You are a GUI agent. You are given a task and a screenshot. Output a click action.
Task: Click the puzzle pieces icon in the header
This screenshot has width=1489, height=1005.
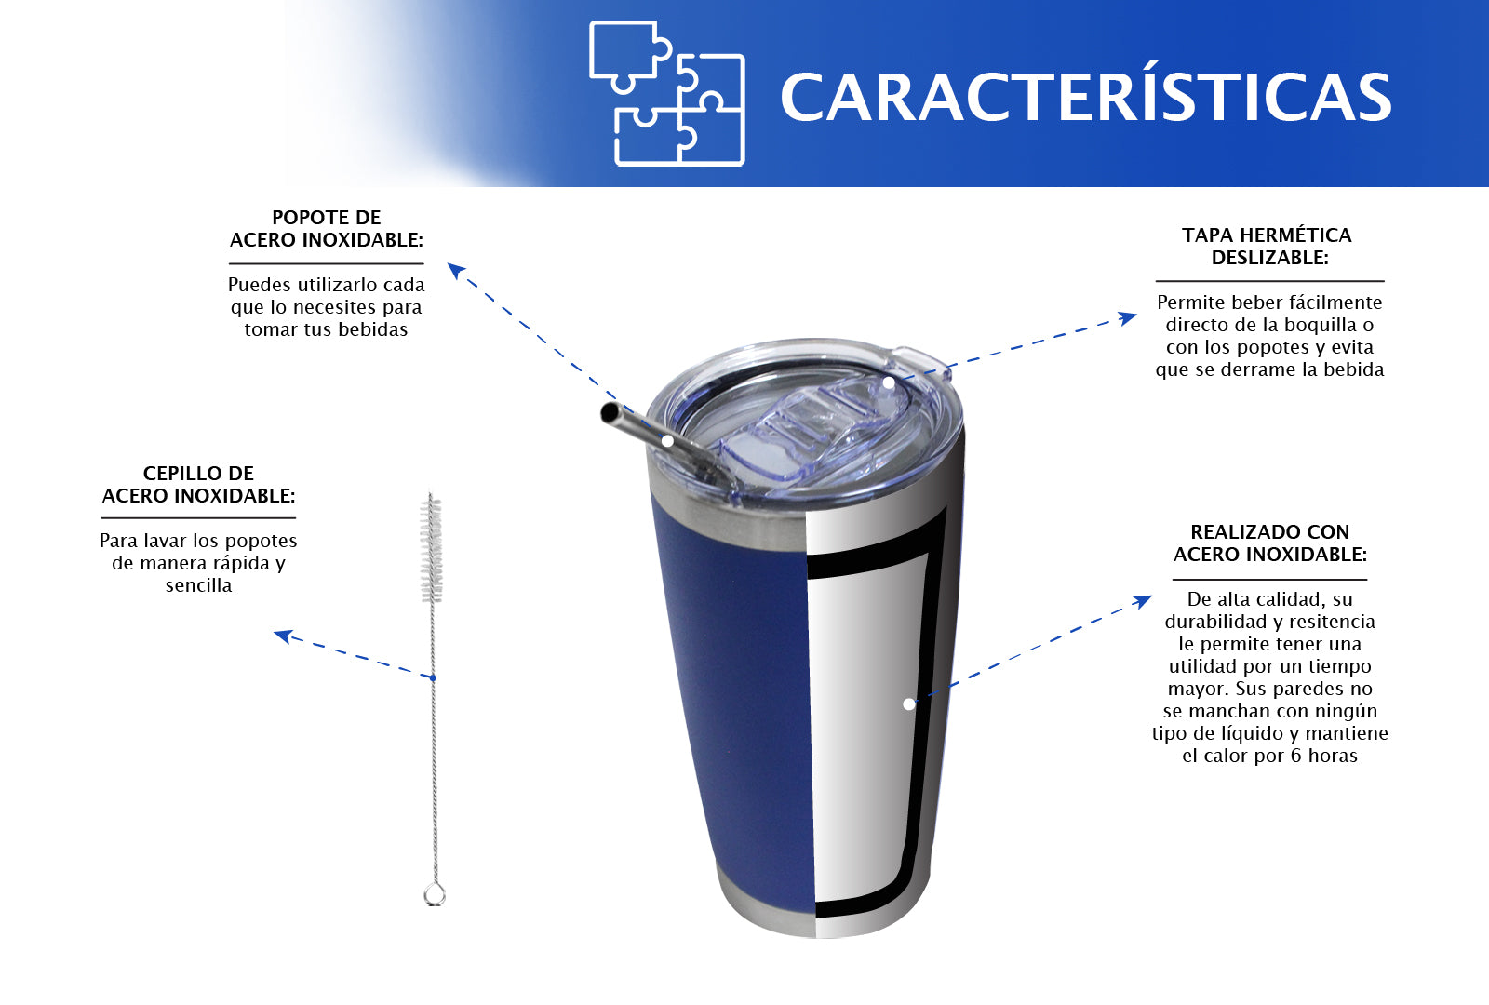click(x=666, y=94)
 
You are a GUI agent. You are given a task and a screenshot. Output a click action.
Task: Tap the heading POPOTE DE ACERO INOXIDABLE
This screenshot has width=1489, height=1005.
click(x=327, y=229)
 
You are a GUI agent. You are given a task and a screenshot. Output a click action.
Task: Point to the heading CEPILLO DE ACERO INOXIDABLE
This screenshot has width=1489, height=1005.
click(x=198, y=485)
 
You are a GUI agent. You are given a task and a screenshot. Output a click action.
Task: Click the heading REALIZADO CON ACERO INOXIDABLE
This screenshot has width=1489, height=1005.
click(x=1269, y=543)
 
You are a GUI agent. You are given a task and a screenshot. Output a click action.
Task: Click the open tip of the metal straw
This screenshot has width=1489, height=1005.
click(x=609, y=413)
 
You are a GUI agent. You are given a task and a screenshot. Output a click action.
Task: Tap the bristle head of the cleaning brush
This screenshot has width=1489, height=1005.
click(x=432, y=548)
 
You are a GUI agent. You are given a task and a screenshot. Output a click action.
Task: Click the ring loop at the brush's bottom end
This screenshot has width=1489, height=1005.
click(x=435, y=894)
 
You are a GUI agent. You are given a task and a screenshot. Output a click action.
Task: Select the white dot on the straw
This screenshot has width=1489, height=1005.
click(x=667, y=441)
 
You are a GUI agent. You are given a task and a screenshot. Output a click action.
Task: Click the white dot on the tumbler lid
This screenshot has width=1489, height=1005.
click(x=888, y=382)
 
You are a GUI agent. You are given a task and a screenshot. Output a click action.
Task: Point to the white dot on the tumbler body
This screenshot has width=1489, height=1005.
click(x=908, y=704)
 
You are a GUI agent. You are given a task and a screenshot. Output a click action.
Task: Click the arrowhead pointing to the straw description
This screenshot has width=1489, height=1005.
click(x=456, y=271)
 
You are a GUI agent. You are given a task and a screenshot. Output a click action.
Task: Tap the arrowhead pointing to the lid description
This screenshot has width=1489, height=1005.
click(x=1128, y=317)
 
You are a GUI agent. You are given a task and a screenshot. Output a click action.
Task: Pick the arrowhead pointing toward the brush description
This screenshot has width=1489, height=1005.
click(x=283, y=636)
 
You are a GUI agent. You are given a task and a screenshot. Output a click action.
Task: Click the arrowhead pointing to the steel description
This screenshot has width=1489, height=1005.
click(x=1143, y=601)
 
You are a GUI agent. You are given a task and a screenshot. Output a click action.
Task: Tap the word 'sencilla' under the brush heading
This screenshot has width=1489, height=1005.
click(x=198, y=585)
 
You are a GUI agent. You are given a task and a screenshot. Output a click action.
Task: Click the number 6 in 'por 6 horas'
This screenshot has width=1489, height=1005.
click(x=1295, y=756)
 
